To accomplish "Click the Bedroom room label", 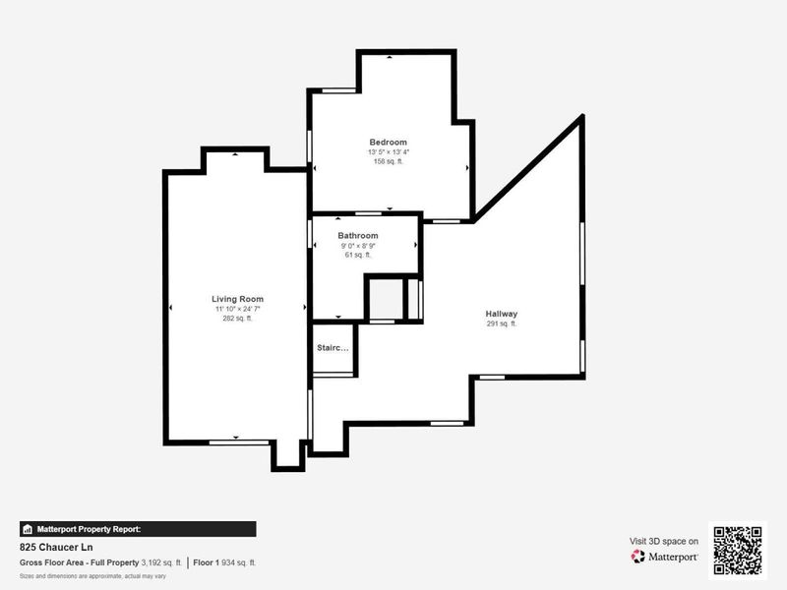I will coord(388,143).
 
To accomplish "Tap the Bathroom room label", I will coord(357,236).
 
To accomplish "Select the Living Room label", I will coord(237,299).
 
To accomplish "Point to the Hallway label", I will coord(501,314).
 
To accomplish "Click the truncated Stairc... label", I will coord(332,348).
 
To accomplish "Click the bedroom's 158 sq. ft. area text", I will coord(388,161).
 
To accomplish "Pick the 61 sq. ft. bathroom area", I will coord(357,255).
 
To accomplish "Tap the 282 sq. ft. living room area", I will coord(237,319).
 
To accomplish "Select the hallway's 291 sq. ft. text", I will coord(501,324).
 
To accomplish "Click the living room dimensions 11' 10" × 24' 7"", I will coord(237,309).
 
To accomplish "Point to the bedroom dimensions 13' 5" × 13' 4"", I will coord(388,152).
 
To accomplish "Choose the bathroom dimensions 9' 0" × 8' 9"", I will coord(357,246).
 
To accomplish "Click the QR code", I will coord(737,551).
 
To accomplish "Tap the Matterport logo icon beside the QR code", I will coord(638,557).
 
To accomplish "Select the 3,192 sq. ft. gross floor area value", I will coord(161,562).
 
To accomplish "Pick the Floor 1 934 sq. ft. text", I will coord(224,562).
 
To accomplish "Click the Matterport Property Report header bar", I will coord(138,529).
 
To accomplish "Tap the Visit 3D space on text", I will coord(664,541).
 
